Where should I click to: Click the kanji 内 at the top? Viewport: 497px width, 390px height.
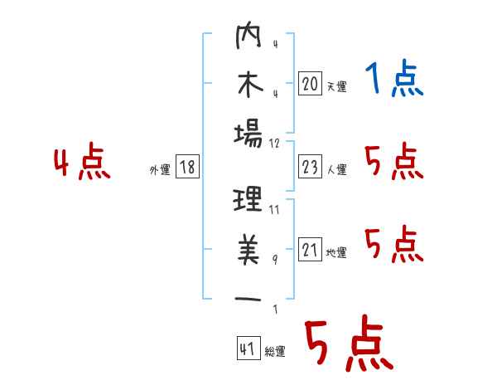(248, 35)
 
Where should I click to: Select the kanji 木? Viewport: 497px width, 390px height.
(250, 85)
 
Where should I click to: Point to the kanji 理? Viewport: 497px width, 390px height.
(248, 199)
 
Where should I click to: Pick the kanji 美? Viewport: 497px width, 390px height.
(248, 249)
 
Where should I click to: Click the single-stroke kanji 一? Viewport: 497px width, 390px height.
(248, 299)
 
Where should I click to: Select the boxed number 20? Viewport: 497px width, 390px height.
(310, 83)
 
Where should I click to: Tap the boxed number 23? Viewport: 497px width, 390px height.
(310, 167)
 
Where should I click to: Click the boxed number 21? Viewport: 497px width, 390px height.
(310, 249)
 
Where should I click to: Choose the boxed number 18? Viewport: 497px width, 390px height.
(187, 167)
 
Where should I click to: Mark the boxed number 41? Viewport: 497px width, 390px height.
(248, 349)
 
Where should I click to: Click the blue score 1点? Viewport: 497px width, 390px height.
(394, 78)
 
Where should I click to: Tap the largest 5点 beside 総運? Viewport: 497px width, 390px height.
(350, 344)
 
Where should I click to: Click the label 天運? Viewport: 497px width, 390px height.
(337, 86)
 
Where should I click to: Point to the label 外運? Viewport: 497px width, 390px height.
(160, 169)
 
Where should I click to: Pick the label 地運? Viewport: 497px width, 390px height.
(336, 253)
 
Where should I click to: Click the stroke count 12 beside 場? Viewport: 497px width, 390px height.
(274, 144)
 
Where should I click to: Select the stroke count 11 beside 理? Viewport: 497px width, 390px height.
(274, 210)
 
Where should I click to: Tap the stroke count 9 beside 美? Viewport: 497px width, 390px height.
(275, 260)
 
